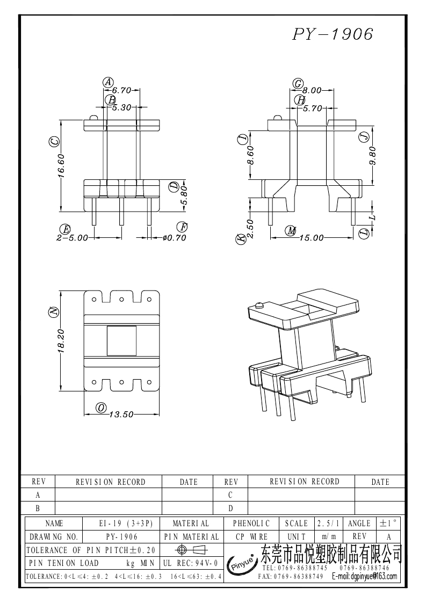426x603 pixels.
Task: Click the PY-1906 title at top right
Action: coord(333,34)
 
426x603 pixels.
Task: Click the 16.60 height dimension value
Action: coord(61,166)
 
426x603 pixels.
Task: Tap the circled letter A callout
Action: coord(108,82)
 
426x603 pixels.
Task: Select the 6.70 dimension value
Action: coord(122,91)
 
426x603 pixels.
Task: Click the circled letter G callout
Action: coord(298,83)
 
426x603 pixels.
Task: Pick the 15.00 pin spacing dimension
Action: coord(312,238)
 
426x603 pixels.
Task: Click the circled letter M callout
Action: coord(291,231)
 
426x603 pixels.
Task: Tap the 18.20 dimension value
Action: coord(61,342)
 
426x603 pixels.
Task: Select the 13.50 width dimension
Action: coord(121,414)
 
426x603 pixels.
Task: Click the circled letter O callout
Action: coord(101,408)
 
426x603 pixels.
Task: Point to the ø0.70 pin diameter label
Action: coord(174,238)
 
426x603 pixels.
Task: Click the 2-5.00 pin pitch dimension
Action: coord(71,238)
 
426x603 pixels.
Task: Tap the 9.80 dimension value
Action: coord(373,157)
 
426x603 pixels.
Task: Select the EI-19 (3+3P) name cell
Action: coord(122,523)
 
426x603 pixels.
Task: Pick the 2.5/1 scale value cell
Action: coord(328,523)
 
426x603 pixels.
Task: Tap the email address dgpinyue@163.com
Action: coord(365,577)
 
